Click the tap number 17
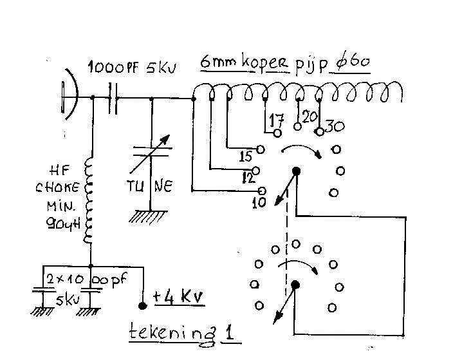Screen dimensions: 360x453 tap(277, 120)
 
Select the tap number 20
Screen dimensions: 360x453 tap(310, 117)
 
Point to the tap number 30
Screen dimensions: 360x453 tap(333, 126)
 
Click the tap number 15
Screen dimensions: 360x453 tap(246, 156)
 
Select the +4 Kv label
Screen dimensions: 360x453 tap(178, 297)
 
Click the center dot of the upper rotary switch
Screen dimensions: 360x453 tap(297, 171)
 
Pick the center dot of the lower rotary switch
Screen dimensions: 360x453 tap(295, 285)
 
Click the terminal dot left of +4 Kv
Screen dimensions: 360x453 tap(142, 306)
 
